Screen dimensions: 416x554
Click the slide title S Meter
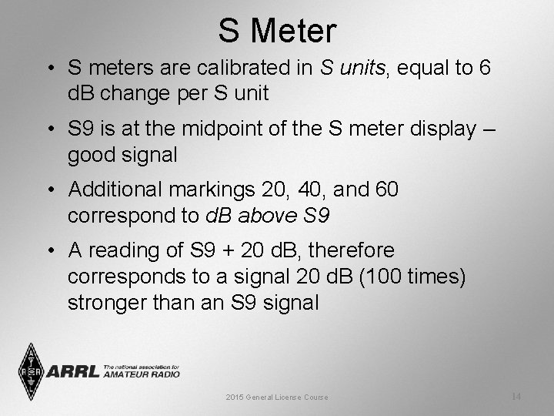pos(277,31)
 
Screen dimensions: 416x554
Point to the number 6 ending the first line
pos(484,69)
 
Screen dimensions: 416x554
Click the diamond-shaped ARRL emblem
pos(31,371)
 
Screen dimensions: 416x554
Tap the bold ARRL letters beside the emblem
pos(73,371)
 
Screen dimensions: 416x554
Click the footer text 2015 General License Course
pos(277,397)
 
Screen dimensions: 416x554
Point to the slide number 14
pos(516,396)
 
